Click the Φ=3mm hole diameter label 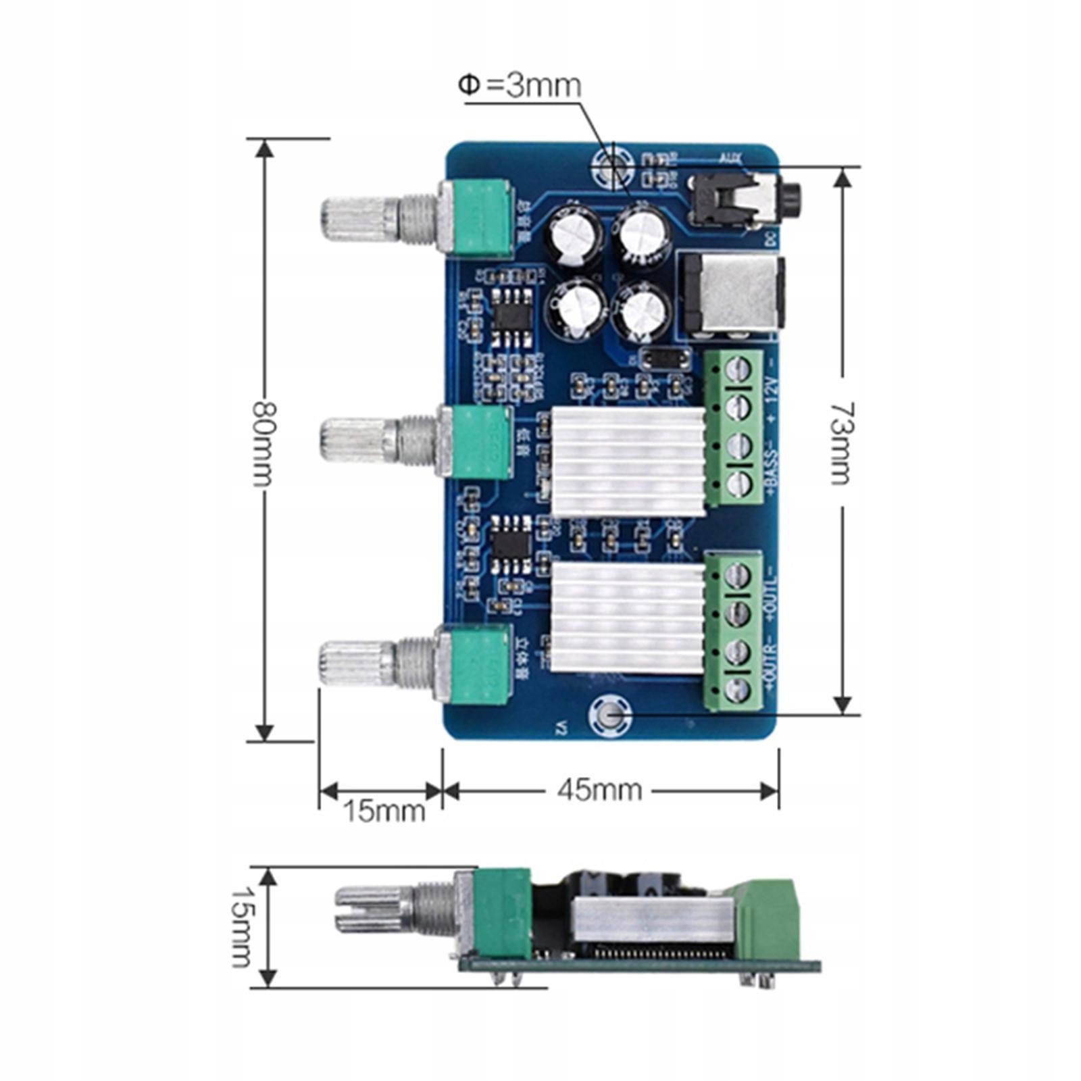[519, 86]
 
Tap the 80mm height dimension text [264, 443]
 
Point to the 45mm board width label [599, 789]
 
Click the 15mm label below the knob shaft [384, 811]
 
